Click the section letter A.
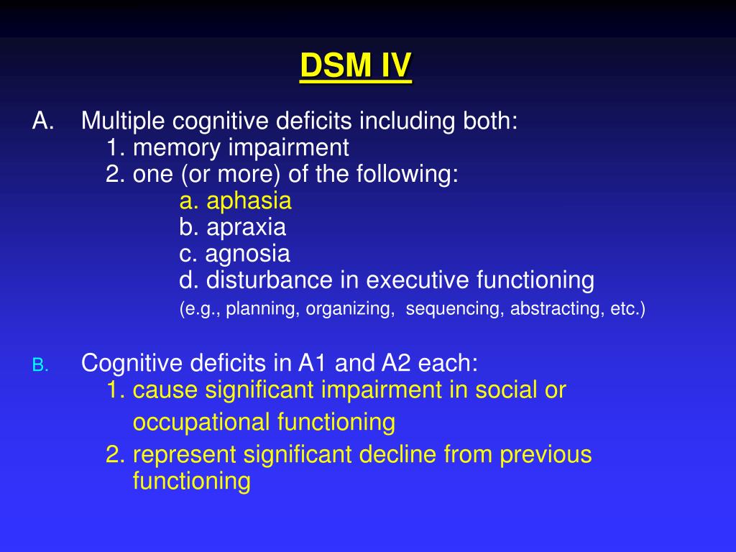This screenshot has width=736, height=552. click(43, 121)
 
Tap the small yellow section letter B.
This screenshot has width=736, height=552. click(40, 365)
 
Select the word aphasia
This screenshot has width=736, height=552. click(249, 201)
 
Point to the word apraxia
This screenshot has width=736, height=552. click(246, 228)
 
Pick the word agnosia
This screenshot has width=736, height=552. click(247, 254)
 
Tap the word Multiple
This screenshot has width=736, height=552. click(124, 121)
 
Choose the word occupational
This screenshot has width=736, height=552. click(201, 423)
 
